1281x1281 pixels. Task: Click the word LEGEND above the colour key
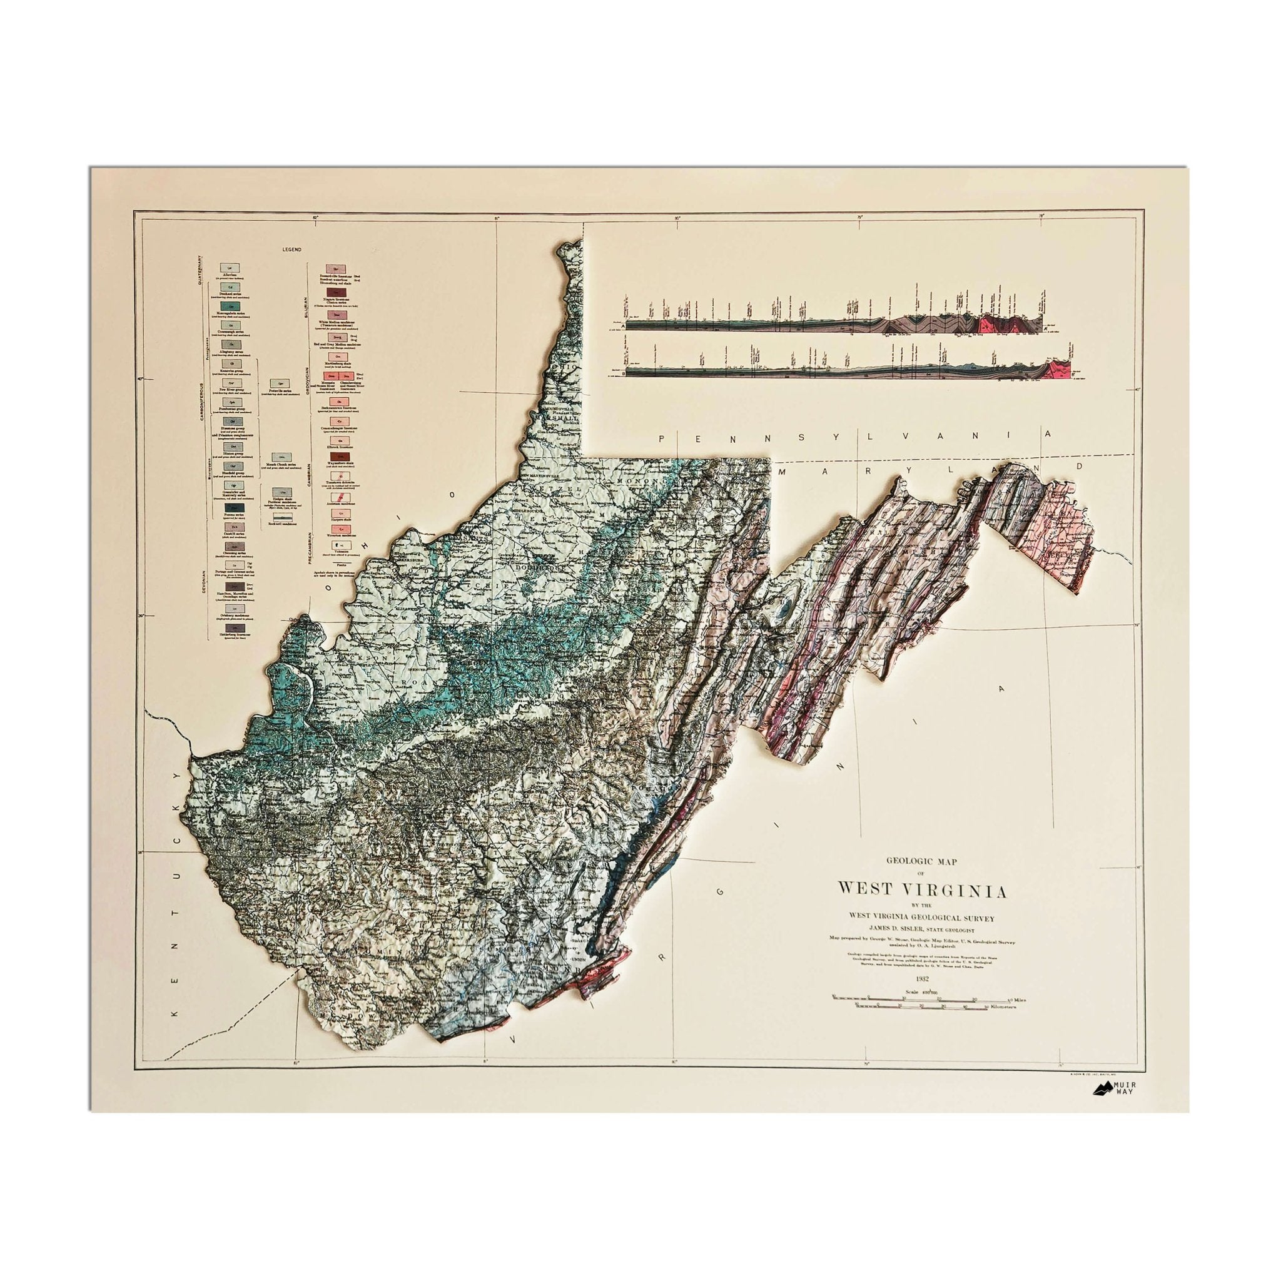coord(291,250)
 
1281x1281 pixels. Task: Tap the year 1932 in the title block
coord(919,978)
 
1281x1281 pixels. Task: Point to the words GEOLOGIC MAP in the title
coord(919,859)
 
